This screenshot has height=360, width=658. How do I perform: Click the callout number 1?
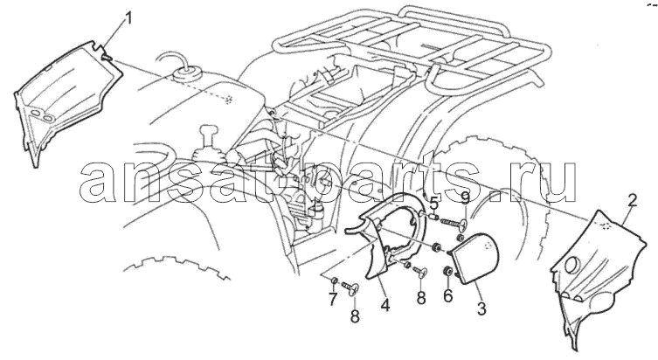point(129,17)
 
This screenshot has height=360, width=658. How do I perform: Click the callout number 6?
point(448,296)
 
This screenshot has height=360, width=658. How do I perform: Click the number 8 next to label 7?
point(355,316)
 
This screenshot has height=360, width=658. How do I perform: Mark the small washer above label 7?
point(335,280)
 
